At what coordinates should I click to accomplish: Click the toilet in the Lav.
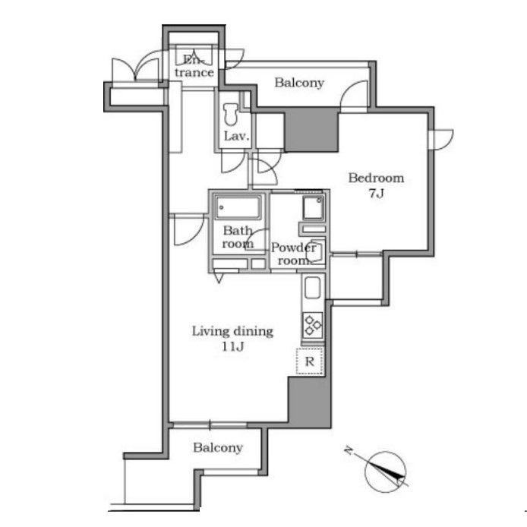click(x=231, y=114)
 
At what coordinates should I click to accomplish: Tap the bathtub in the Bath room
click(x=238, y=207)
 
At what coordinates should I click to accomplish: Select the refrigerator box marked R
click(x=310, y=361)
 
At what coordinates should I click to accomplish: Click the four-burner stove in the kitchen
click(x=313, y=325)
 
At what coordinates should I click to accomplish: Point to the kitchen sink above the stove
click(x=313, y=288)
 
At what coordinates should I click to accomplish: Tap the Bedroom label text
click(x=376, y=178)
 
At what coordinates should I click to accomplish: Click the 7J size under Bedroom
click(x=376, y=194)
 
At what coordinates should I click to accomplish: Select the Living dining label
click(x=232, y=331)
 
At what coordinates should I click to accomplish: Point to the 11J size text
click(x=232, y=346)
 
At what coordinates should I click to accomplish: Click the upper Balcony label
click(x=299, y=83)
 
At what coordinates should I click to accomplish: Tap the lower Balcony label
click(x=218, y=448)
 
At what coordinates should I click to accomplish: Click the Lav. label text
click(x=237, y=136)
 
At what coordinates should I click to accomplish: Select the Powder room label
click(x=293, y=254)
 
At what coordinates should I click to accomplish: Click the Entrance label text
click(x=194, y=66)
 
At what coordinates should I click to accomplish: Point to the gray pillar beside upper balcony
click(x=311, y=130)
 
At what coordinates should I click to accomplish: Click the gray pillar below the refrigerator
click(x=310, y=402)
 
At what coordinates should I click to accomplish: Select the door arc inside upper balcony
click(x=354, y=94)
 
